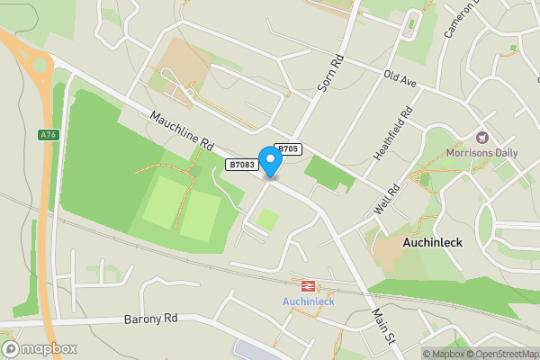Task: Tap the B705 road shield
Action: click(287, 149)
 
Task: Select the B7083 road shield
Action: click(241, 165)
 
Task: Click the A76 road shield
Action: click(48, 135)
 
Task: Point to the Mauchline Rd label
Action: click(181, 131)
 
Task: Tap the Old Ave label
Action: click(400, 79)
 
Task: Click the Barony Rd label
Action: click(151, 319)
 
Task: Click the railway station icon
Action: click(308, 285)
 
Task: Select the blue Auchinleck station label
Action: click(309, 301)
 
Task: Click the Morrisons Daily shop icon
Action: click(482, 138)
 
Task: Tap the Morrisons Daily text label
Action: click(482, 153)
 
